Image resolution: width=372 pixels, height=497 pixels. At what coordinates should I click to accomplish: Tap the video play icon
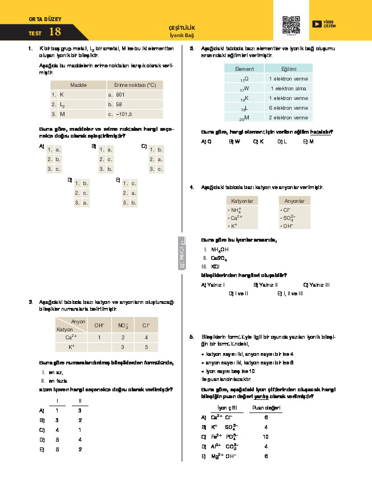tap(316, 23)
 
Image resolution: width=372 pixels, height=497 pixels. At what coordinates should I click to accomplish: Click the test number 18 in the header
tap(55, 32)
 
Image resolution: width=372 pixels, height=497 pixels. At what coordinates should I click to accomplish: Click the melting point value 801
tap(120, 94)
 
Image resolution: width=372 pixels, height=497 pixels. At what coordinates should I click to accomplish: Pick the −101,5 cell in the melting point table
tap(124, 114)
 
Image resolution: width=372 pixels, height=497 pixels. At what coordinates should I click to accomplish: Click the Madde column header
tap(78, 85)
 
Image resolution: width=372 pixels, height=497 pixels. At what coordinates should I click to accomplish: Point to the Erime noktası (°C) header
tap(135, 85)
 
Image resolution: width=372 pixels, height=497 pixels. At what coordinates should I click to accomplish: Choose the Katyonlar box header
tap(243, 201)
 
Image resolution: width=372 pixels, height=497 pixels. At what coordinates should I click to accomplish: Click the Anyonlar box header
tap(294, 201)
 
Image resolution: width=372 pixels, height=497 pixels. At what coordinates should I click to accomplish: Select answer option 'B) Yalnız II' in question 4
tap(265, 284)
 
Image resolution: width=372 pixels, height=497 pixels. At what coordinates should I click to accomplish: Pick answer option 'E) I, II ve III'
tap(290, 294)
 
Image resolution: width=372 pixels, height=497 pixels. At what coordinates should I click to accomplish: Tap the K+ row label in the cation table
tap(71, 347)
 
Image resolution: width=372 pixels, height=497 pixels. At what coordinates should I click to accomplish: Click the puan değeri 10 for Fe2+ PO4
tap(266, 436)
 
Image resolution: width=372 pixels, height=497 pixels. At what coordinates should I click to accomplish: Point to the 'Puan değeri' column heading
tap(266, 408)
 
